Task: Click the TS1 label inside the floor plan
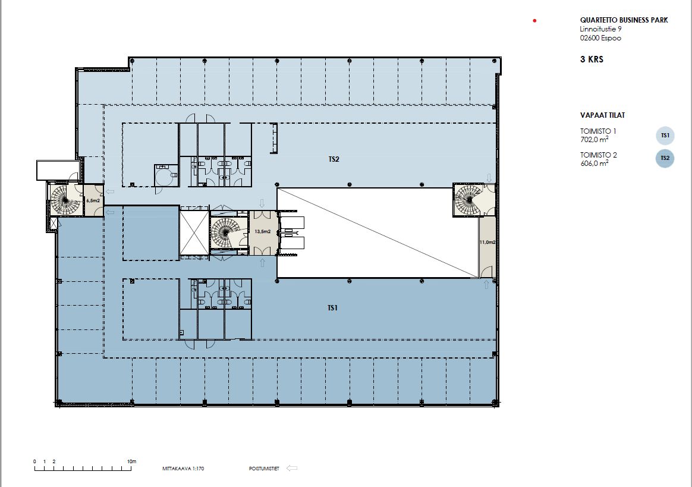click(332, 308)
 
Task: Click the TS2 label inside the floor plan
click(334, 159)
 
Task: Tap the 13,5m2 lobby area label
click(263, 231)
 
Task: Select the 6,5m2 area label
click(93, 200)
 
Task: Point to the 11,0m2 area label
click(487, 242)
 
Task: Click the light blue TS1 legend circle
click(665, 136)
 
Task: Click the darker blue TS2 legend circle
click(665, 159)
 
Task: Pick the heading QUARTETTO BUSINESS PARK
click(624, 20)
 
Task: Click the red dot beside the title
click(534, 20)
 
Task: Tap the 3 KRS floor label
click(592, 59)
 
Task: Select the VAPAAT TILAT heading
click(602, 115)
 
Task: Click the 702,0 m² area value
click(594, 140)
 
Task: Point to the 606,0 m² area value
click(594, 164)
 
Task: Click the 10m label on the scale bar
click(131, 461)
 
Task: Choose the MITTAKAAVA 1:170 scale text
click(183, 469)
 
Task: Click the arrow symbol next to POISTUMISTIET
click(292, 469)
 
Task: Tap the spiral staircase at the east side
click(468, 199)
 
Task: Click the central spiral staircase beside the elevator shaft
click(226, 232)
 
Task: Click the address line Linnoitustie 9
click(600, 29)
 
